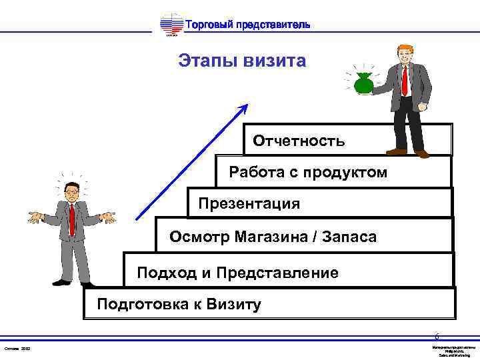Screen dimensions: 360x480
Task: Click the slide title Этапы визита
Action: (242, 62)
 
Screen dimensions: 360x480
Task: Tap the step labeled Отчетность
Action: (299, 141)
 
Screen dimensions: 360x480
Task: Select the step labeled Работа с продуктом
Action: (308, 173)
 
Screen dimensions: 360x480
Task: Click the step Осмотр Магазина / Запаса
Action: (273, 237)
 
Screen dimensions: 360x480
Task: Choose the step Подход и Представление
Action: (237, 273)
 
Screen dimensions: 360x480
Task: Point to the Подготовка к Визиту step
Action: (179, 305)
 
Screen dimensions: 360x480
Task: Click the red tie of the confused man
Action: (71, 220)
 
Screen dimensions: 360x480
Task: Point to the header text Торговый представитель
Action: (246, 25)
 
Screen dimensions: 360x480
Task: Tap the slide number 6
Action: (437, 337)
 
